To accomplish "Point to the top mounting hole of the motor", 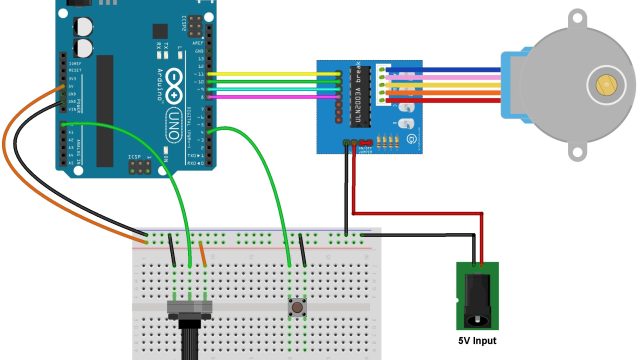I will click(578, 18).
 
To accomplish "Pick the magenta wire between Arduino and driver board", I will click(270, 97).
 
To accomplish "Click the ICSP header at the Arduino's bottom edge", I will click(146, 160).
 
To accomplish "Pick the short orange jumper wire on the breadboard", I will click(203, 253).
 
